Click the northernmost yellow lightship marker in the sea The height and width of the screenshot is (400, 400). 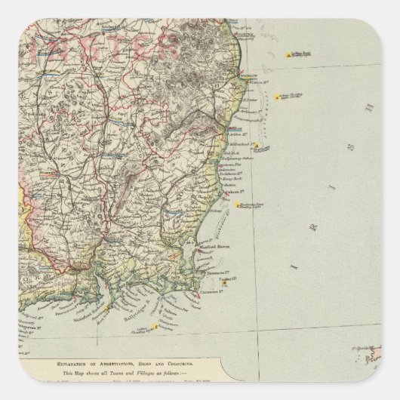288,55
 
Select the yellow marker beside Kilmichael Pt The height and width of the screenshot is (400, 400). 257,145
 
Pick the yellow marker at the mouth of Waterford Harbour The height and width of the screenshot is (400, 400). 106,309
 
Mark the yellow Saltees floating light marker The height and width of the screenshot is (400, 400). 155,326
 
